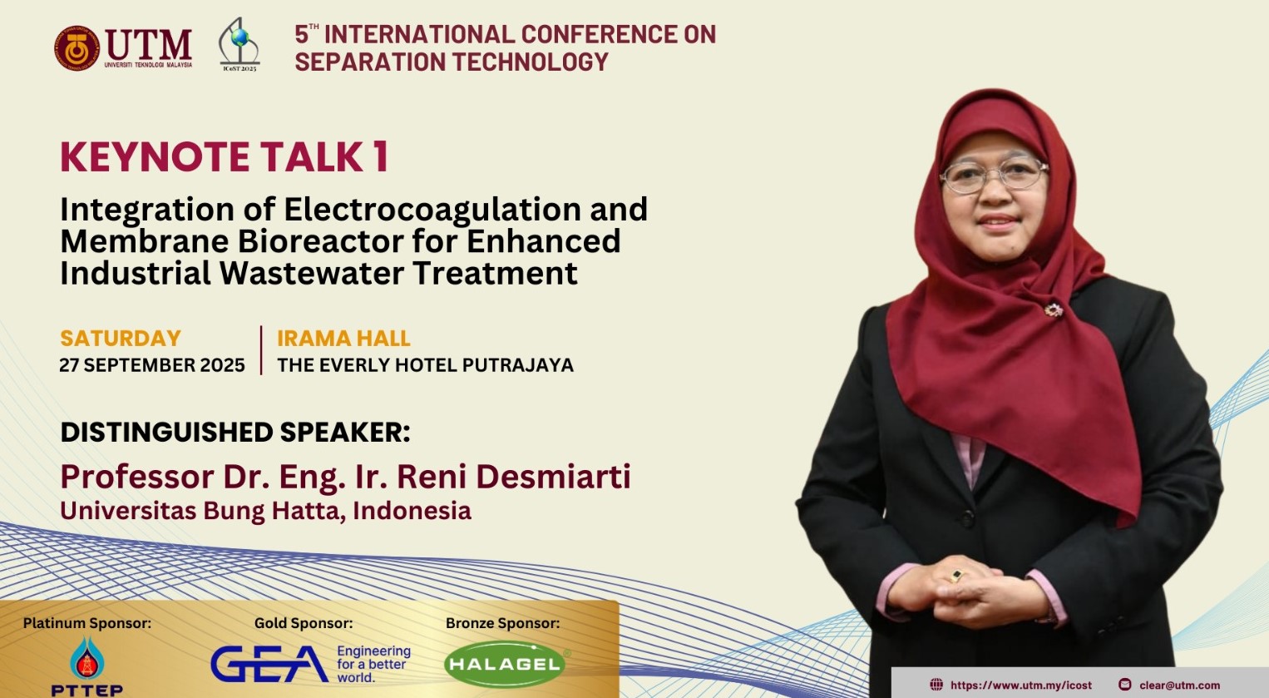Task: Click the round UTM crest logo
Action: pos(77,47)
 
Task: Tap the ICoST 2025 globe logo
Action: pos(239,43)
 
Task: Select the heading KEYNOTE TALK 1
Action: pos(225,157)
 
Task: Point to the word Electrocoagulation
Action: pos(433,210)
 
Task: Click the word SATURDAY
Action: pos(121,339)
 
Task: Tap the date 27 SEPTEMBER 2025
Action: pos(152,365)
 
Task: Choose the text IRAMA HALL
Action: pos(343,339)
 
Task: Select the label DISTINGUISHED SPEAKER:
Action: pos(235,433)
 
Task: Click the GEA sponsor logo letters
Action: pos(269,664)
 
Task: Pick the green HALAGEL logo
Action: pos(505,664)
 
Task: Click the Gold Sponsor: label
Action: pos(304,623)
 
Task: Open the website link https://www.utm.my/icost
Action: pos(1020,686)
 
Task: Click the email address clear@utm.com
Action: pos(1179,686)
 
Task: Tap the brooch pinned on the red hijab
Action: pos(1054,310)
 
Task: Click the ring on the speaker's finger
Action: pos(957,575)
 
